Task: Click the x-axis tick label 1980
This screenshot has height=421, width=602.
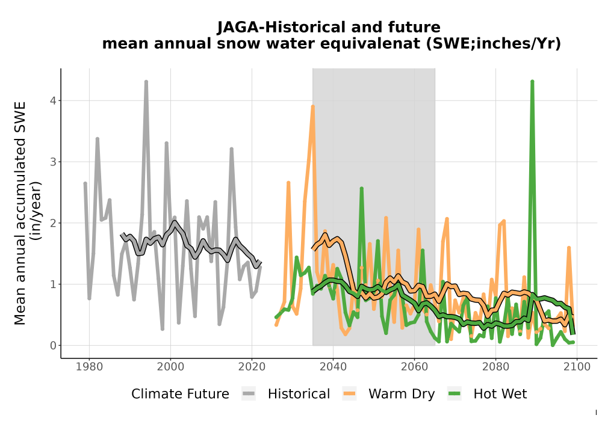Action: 90,367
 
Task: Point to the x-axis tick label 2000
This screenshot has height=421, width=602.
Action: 170,367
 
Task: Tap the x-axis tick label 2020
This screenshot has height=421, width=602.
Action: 252,367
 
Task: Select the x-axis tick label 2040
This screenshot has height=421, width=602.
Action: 334,367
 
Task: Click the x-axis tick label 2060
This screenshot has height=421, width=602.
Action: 414,367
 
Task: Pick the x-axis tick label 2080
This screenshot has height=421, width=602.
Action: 495,367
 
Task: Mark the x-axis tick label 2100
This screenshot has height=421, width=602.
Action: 577,367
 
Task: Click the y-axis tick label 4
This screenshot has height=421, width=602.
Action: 53,100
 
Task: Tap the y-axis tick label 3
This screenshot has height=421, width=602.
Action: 53,162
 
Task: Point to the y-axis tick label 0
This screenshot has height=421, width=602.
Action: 53,345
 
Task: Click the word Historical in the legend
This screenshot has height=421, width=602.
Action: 299,394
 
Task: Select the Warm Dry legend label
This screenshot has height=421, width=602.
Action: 402,394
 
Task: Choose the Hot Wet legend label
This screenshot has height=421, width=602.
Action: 500,394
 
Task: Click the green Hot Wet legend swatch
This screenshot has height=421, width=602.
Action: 454,394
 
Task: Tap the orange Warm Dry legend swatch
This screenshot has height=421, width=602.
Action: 349,394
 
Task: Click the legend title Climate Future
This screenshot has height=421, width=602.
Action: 180,394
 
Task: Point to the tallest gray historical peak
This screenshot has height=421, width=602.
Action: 146,82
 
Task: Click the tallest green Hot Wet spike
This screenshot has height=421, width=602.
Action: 532,82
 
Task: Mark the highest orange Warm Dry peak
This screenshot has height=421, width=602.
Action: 313,107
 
